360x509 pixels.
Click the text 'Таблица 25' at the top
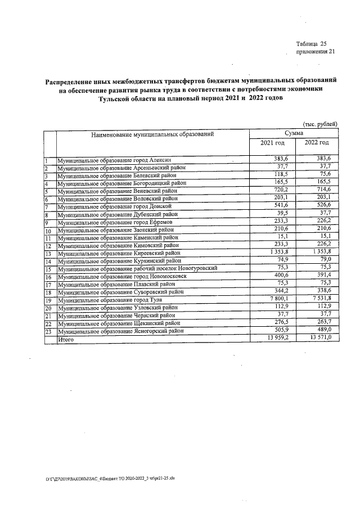pos(311,44)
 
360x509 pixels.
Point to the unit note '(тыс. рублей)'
pos(320,124)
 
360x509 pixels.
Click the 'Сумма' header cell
pos(294,133)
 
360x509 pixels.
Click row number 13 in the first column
pos(48,254)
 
